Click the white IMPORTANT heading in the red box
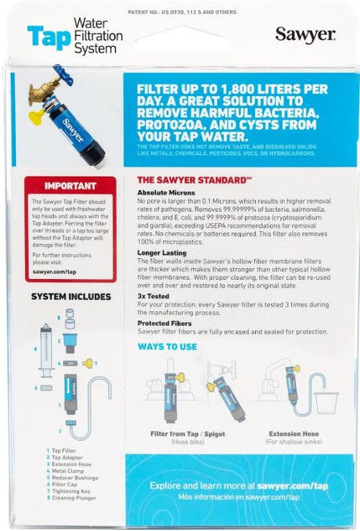coord(59,187)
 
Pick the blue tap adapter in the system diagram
coord(70,341)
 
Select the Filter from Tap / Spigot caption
coord(191,434)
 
